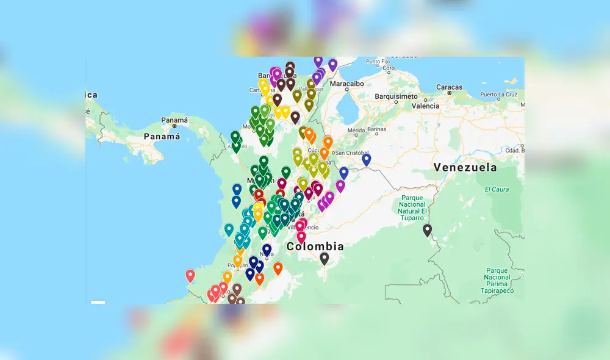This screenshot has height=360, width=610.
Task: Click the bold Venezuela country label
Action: (x=465, y=167)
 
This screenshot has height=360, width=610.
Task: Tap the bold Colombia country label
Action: (x=315, y=247)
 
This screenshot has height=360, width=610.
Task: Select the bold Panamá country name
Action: (x=162, y=137)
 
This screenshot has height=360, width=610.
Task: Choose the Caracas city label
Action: (x=450, y=87)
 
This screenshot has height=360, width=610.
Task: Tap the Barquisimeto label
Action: (x=396, y=96)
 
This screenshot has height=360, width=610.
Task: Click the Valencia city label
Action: (x=425, y=106)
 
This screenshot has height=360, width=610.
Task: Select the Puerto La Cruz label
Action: (x=498, y=95)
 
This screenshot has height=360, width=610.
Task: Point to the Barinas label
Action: (x=376, y=130)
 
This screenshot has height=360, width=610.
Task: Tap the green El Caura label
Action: (x=497, y=189)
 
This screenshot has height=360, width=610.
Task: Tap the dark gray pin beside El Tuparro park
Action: (x=427, y=230)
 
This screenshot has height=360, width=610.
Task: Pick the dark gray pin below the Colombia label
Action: (x=325, y=259)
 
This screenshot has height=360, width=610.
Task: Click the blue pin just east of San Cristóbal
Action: (x=366, y=159)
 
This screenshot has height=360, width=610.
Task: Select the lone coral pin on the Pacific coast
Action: (x=190, y=276)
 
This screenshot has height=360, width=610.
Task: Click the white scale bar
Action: (x=98, y=301)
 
